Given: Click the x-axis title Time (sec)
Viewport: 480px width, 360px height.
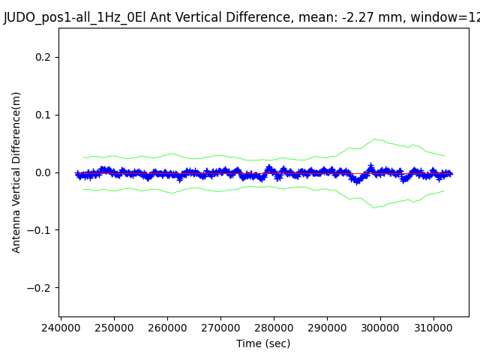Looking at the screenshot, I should pyautogui.click(x=263, y=343).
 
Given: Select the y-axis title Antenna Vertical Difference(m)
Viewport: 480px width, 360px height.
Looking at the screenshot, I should pyautogui.click(x=16, y=172).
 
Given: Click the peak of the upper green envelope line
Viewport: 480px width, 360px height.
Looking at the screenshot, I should pyautogui.click(x=374, y=139).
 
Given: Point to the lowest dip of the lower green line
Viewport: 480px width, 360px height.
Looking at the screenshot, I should pyautogui.click(x=374, y=208).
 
